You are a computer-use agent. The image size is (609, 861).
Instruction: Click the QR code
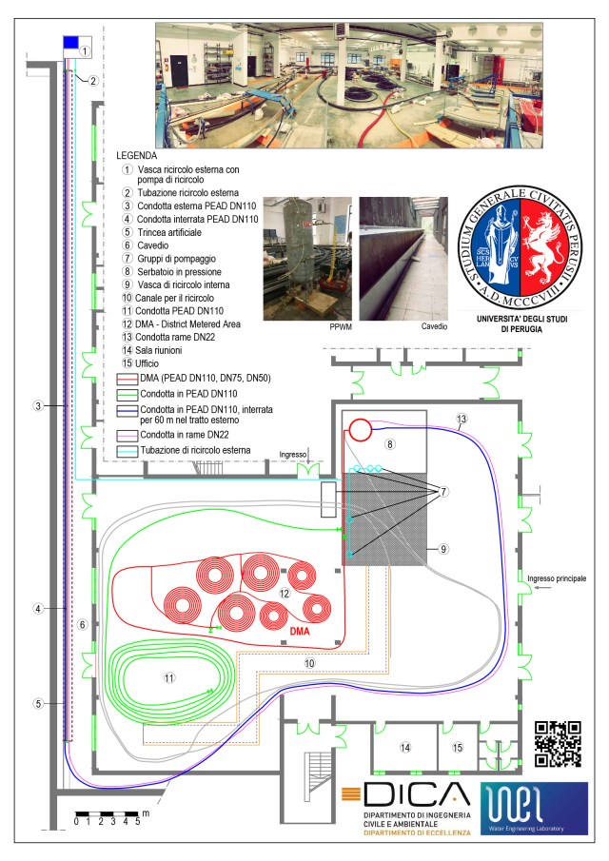[x=558, y=743]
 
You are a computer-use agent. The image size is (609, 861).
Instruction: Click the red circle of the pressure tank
[x=359, y=428]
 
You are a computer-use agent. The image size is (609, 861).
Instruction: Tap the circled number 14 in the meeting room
[x=404, y=749]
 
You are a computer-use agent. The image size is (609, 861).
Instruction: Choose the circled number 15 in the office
[x=458, y=749]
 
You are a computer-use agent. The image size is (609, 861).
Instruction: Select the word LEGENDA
[x=136, y=154]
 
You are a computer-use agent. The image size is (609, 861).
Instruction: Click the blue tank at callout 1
[x=70, y=43]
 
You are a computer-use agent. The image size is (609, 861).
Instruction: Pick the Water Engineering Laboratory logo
[x=534, y=809]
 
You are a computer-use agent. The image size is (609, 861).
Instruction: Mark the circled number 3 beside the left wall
[x=37, y=406]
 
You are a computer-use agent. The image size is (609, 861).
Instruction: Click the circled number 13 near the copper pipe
[x=461, y=419]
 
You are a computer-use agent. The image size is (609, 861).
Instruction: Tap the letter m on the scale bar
[x=146, y=813]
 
